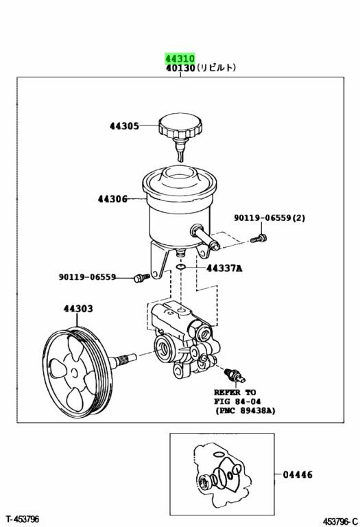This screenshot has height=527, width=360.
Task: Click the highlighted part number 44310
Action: point(180,58)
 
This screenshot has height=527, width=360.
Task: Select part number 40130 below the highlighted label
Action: point(180,68)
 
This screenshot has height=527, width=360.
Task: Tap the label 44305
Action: point(124,126)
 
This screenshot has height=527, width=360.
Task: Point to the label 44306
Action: point(112,199)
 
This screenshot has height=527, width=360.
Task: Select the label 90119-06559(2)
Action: point(269,218)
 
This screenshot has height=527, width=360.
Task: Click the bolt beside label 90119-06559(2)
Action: point(259,239)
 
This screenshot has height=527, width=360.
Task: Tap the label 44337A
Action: point(224,268)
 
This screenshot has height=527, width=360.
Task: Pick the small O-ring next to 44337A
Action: point(180,267)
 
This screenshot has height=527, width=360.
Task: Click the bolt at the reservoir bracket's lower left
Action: point(141,278)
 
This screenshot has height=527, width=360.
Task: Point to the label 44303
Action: point(78,309)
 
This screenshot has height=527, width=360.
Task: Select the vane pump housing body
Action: point(183,340)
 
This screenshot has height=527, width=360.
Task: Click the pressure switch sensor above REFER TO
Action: point(235,375)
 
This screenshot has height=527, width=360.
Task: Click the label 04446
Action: point(298,475)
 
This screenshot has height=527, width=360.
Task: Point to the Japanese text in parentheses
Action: point(216,68)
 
